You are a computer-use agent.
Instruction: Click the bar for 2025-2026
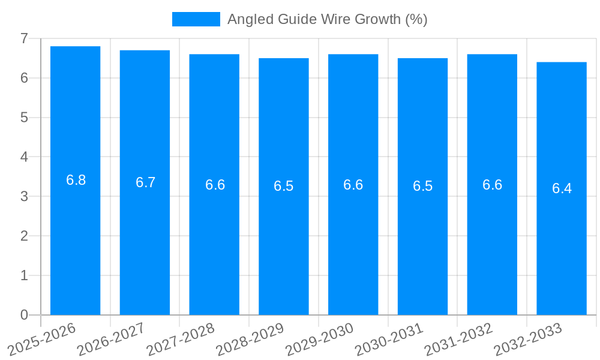75,180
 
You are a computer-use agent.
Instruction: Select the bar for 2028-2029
284,186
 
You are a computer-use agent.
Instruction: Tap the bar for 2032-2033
562,188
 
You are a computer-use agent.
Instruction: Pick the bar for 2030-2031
422,186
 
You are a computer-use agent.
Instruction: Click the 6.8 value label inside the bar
76,180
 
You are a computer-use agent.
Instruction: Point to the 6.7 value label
145,182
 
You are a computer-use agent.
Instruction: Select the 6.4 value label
562,188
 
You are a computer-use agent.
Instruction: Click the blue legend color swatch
196,19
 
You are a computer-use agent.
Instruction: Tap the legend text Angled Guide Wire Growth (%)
327,19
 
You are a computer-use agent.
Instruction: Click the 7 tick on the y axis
24,38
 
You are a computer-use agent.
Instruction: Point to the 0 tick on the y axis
24,315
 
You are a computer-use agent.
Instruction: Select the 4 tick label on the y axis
24,157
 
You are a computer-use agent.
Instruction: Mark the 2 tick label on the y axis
24,236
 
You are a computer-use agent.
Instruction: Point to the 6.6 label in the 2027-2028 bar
215,185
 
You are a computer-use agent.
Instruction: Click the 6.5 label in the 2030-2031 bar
422,186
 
